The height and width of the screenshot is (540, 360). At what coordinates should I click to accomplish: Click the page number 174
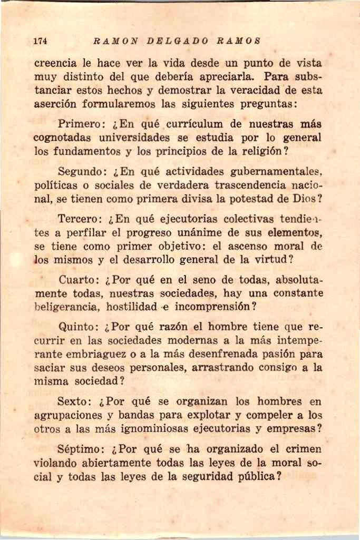[41, 41]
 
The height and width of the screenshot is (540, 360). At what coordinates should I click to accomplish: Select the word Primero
[83, 125]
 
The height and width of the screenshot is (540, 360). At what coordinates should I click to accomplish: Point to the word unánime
[198, 232]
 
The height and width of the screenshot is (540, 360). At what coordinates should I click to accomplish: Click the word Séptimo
[82, 449]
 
